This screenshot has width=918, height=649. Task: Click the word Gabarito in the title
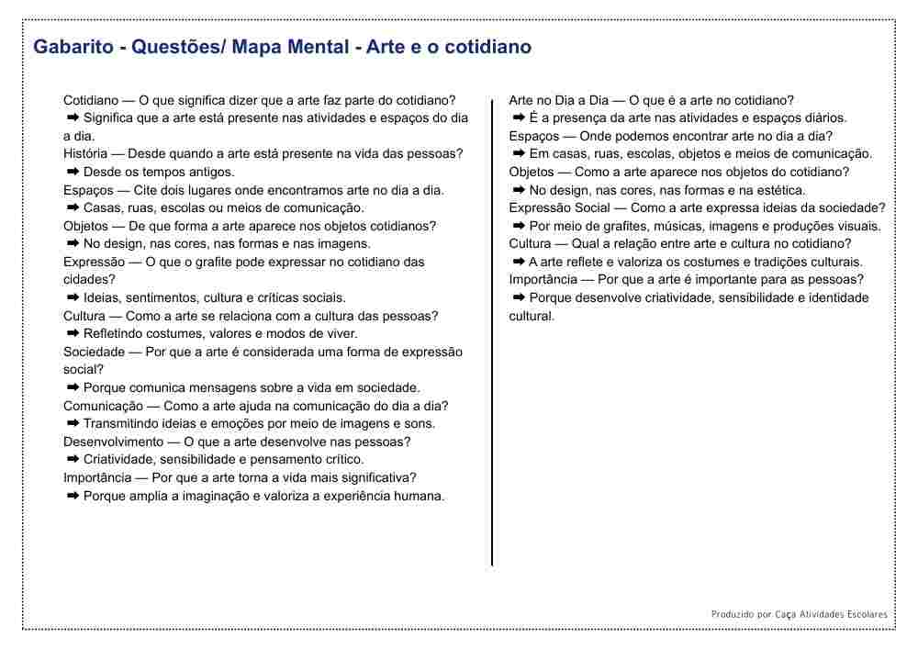pyautogui.click(x=73, y=47)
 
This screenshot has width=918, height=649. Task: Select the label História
pyautogui.click(x=85, y=154)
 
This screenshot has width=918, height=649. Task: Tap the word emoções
pyautogui.click(x=247, y=423)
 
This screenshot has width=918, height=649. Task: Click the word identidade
pyautogui.click(x=837, y=297)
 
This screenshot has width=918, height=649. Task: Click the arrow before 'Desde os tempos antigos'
pyautogui.click(x=73, y=172)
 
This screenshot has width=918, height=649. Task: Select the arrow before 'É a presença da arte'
pyautogui.click(x=519, y=117)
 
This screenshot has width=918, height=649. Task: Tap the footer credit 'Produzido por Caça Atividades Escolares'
pyautogui.click(x=799, y=614)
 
